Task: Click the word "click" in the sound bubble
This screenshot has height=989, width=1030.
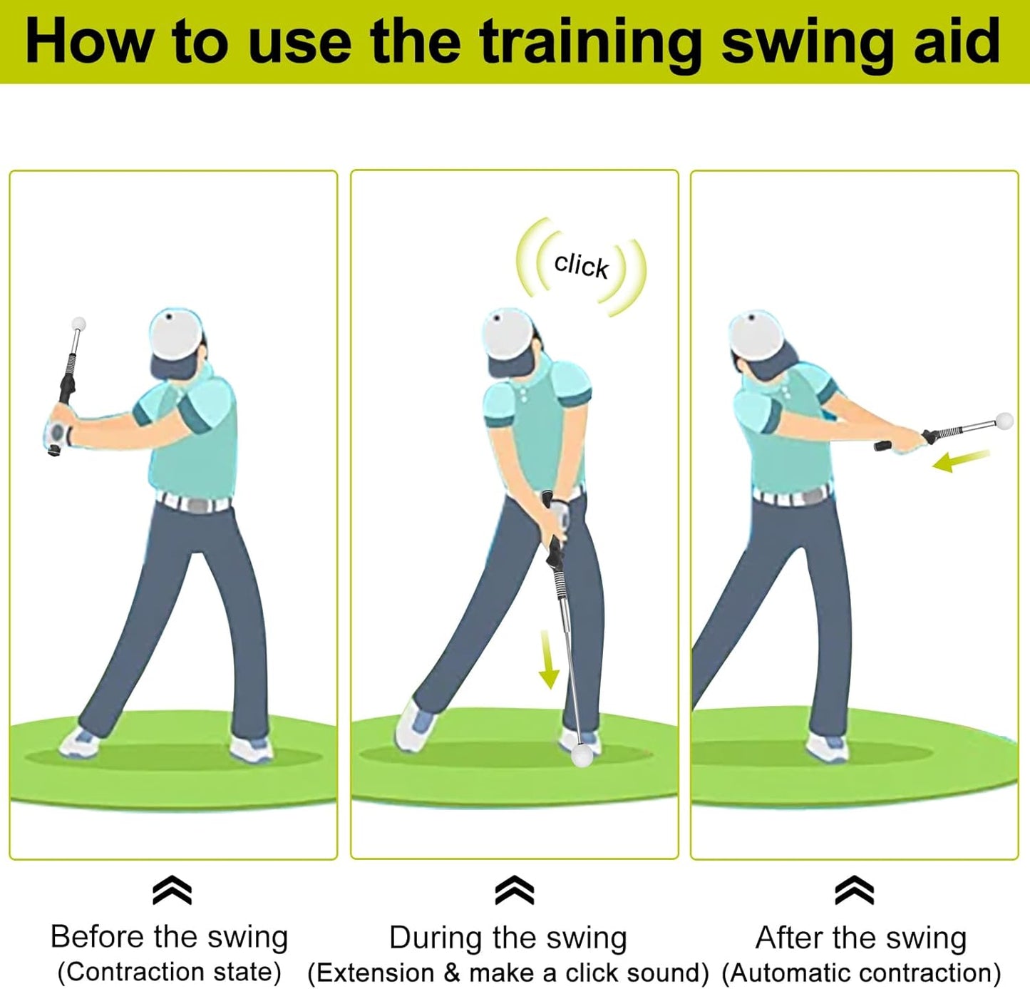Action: (x=581, y=265)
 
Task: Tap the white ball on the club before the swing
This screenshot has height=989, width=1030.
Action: (x=79, y=324)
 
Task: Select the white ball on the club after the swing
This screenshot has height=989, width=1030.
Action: (x=1004, y=420)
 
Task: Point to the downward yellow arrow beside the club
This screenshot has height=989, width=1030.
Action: (x=547, y=660)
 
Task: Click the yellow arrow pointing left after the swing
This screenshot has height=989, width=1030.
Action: (x=960, y=461)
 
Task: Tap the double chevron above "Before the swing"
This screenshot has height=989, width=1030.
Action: (x=172, y=890)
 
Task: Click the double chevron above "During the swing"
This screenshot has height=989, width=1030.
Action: (x=514, y=890)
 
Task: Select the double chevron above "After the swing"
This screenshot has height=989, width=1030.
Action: (x=854, y=890)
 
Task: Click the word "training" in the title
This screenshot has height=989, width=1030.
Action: (x=591, y=43)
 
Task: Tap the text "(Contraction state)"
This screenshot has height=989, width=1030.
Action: (x=169, y=972)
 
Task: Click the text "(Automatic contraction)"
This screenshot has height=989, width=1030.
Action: (x=861, y=973)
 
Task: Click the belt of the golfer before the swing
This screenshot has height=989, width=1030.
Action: (x=194, y=503)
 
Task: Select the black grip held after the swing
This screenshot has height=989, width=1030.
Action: (x=884, y=446)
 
